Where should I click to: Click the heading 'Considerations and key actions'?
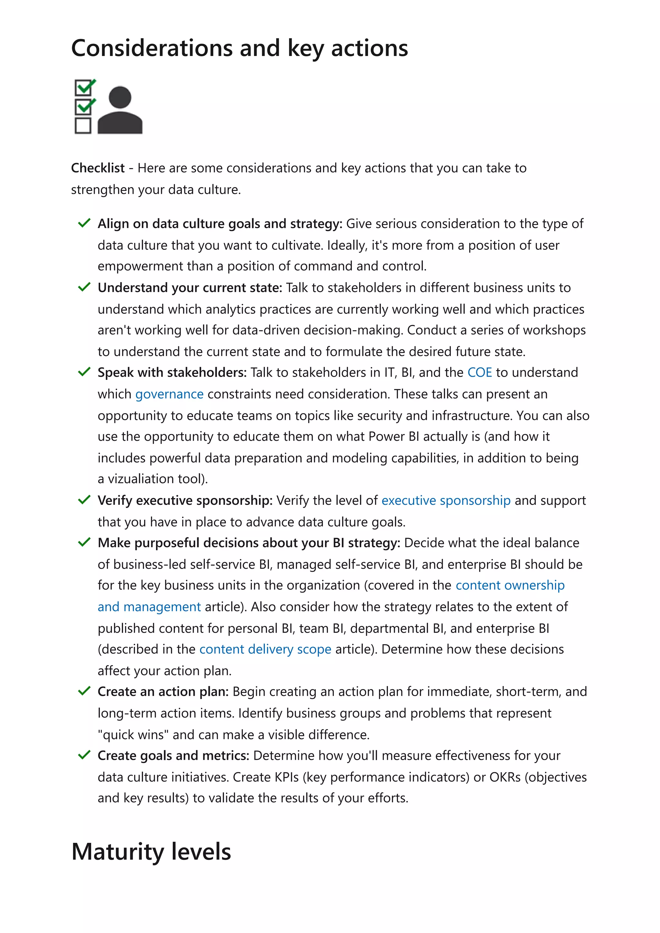click(x=239, y=48)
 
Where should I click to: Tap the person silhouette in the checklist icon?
click(x=120, y=110)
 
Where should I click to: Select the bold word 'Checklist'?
click(x=98, y=168)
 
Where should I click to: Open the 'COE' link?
click(x=480, y=372)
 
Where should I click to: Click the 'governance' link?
click(x=169, y=394)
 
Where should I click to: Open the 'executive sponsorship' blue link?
click(x=446, y=500)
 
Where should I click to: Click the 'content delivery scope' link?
click(x=265, y=649)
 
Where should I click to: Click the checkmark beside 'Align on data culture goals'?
click(x=84, y=223)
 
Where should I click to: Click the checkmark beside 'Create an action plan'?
click(x=84, y=691)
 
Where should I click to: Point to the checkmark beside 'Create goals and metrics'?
click(x=84, y=755)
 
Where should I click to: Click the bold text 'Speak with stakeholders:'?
click(x=172, y=372)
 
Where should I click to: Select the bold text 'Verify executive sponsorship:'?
click(x=185, y=500)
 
